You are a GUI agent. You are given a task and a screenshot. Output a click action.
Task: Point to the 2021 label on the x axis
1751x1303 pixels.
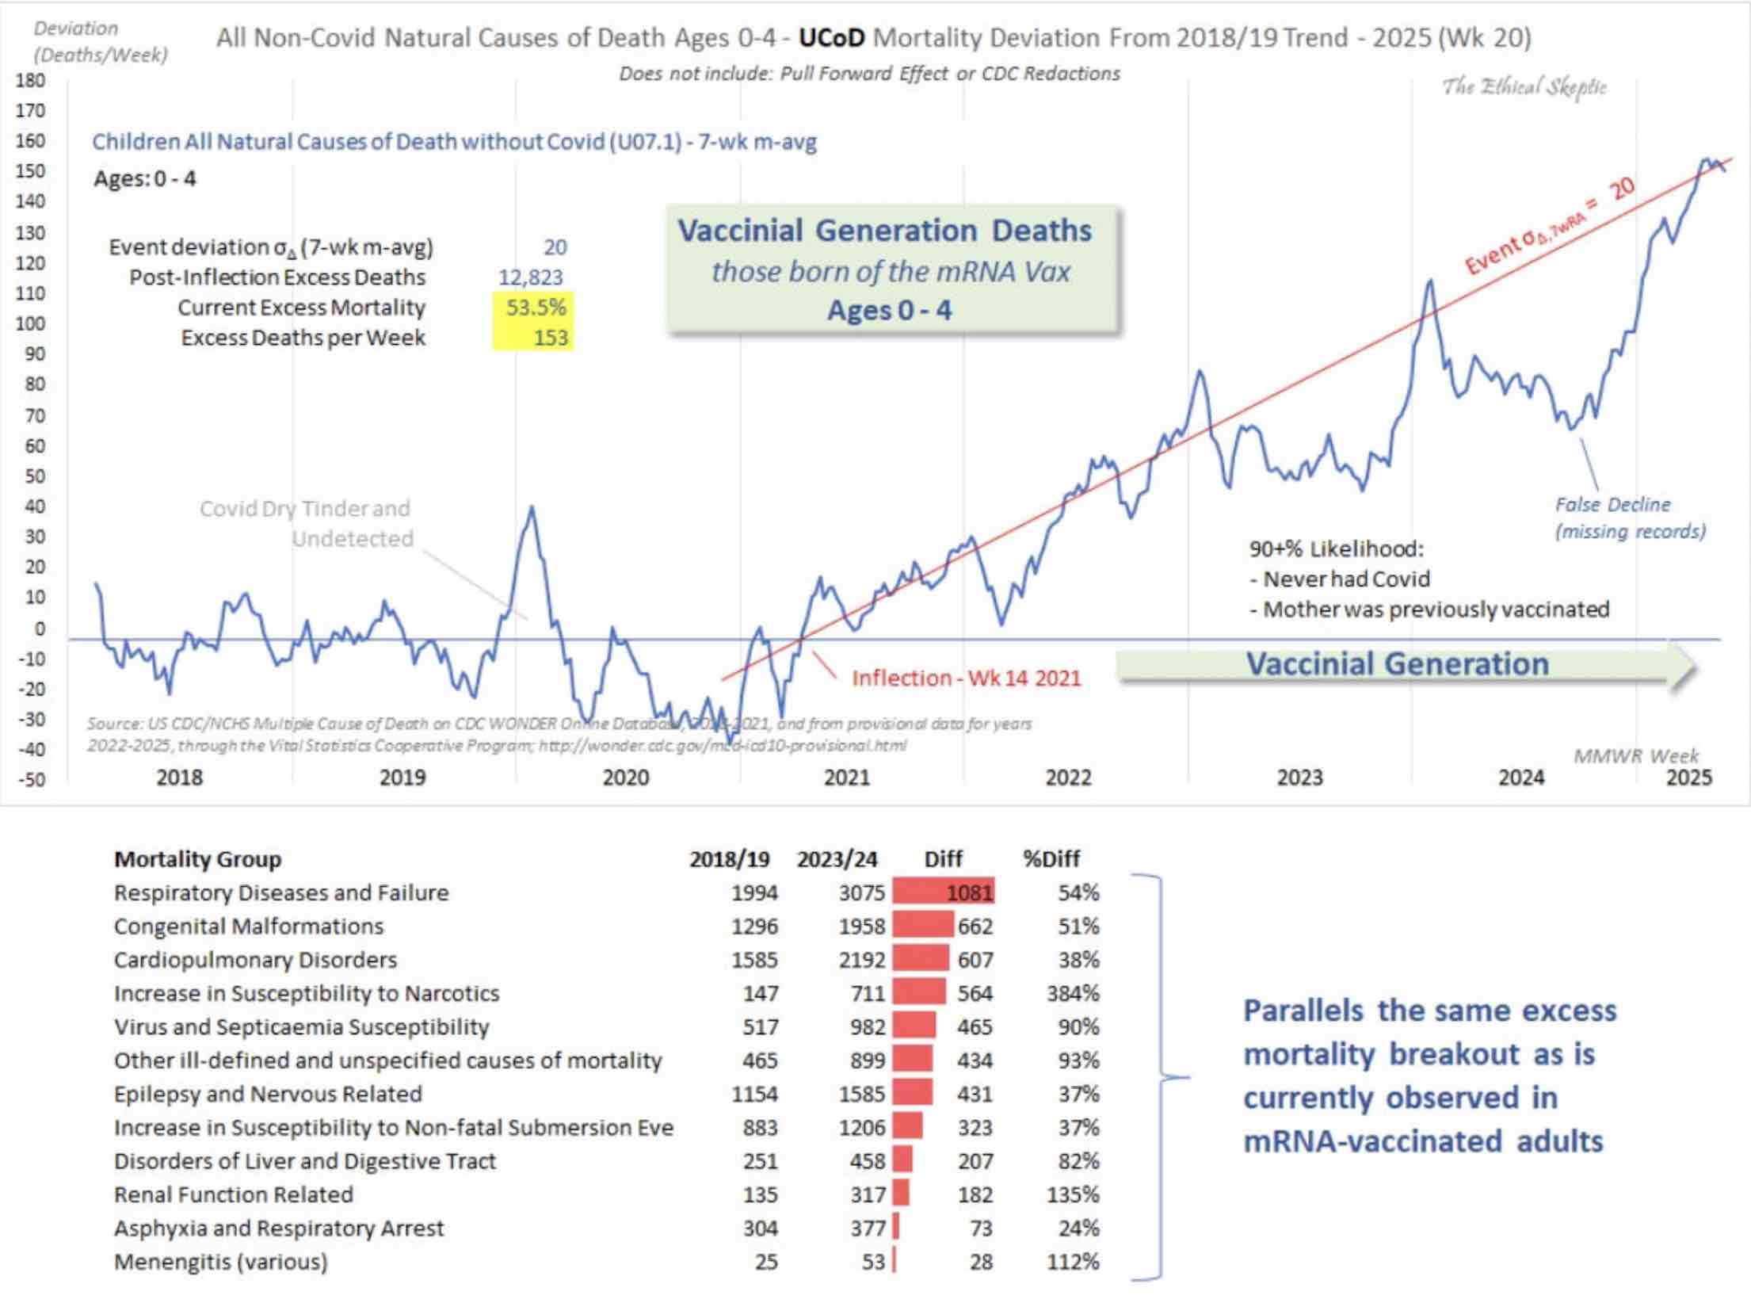coord(847,778)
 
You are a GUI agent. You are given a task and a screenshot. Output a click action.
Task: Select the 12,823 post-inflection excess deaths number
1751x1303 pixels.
coord(530,277)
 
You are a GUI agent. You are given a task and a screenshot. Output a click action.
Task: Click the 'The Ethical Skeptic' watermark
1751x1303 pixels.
coord(1524,86)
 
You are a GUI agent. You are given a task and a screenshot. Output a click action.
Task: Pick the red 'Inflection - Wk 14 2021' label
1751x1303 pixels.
coord(966,678)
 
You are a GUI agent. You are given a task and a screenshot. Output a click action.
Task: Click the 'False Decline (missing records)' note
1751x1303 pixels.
coord(1630,518)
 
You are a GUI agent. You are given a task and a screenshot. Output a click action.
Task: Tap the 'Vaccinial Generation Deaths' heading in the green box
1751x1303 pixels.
coord(884,231)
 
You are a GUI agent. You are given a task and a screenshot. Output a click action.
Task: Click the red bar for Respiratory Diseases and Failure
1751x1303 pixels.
coord(943,892)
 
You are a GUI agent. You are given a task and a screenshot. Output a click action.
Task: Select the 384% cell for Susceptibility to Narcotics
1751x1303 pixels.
coord(1073,993)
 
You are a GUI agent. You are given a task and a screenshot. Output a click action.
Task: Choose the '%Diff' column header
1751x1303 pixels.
coord(1051,859)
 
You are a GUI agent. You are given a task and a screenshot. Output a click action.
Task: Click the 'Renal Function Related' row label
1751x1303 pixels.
coord(233,1194)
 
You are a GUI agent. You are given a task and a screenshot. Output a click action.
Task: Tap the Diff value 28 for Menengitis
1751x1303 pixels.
coord(981,1262)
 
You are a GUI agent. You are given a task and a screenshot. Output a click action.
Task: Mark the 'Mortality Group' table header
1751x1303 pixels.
coord(197,859)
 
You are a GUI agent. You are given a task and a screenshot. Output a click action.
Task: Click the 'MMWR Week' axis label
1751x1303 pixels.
coord(1636,756)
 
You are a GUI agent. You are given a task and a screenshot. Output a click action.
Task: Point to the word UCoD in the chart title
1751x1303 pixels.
coord(831,37)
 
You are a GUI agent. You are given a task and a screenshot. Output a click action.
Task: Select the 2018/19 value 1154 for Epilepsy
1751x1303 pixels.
coord(754,1094)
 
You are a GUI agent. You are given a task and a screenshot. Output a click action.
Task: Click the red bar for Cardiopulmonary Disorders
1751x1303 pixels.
coord(921,960)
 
